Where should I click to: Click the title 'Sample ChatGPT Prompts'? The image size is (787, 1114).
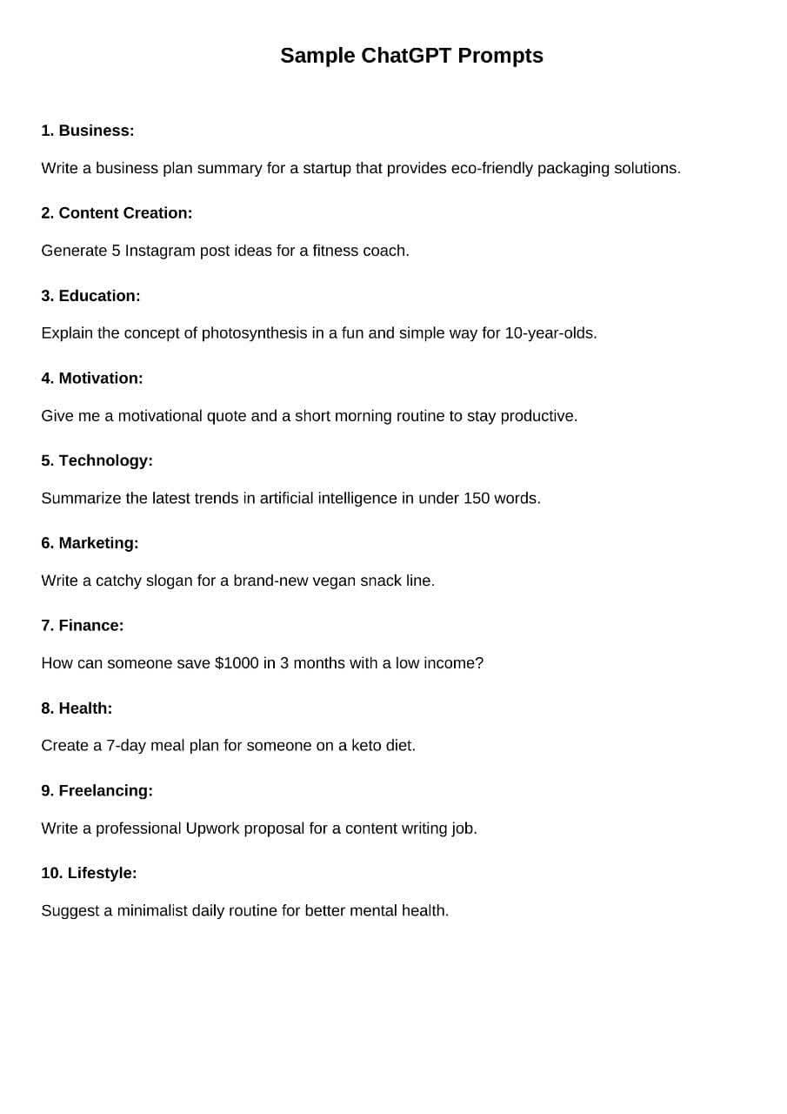[x=411, y=56]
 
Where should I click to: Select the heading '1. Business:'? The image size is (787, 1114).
[x=88, y=131]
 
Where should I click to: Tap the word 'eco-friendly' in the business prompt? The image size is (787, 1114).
[x=491, y=168]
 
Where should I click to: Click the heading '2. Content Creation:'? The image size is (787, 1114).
[x=117, y=213]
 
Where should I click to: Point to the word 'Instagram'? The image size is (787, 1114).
[x=160, y=251]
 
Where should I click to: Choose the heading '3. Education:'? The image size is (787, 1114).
[x=90, y=296]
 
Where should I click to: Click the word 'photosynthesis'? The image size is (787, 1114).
[x=254, y=333]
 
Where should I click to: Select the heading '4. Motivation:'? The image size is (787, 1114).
[x=92, y=379]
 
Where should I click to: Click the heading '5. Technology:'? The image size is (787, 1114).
[x=97, y=460]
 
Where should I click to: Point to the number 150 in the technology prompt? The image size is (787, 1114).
[x=477, y=499]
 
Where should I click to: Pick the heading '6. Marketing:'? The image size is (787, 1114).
[x=90, y=543]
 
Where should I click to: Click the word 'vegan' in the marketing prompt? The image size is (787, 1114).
[x=333, y=580]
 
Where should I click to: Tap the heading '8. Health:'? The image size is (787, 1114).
[x=77, y=708]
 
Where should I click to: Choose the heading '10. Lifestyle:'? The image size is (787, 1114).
[x=89, y=873]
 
